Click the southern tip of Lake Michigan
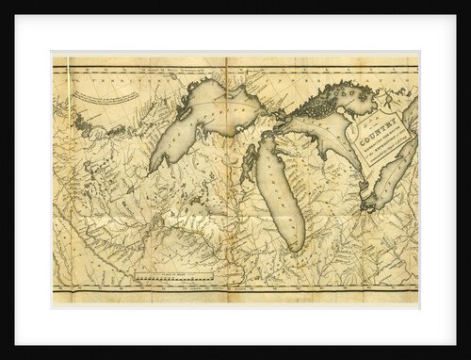click(x=294, y=247)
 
